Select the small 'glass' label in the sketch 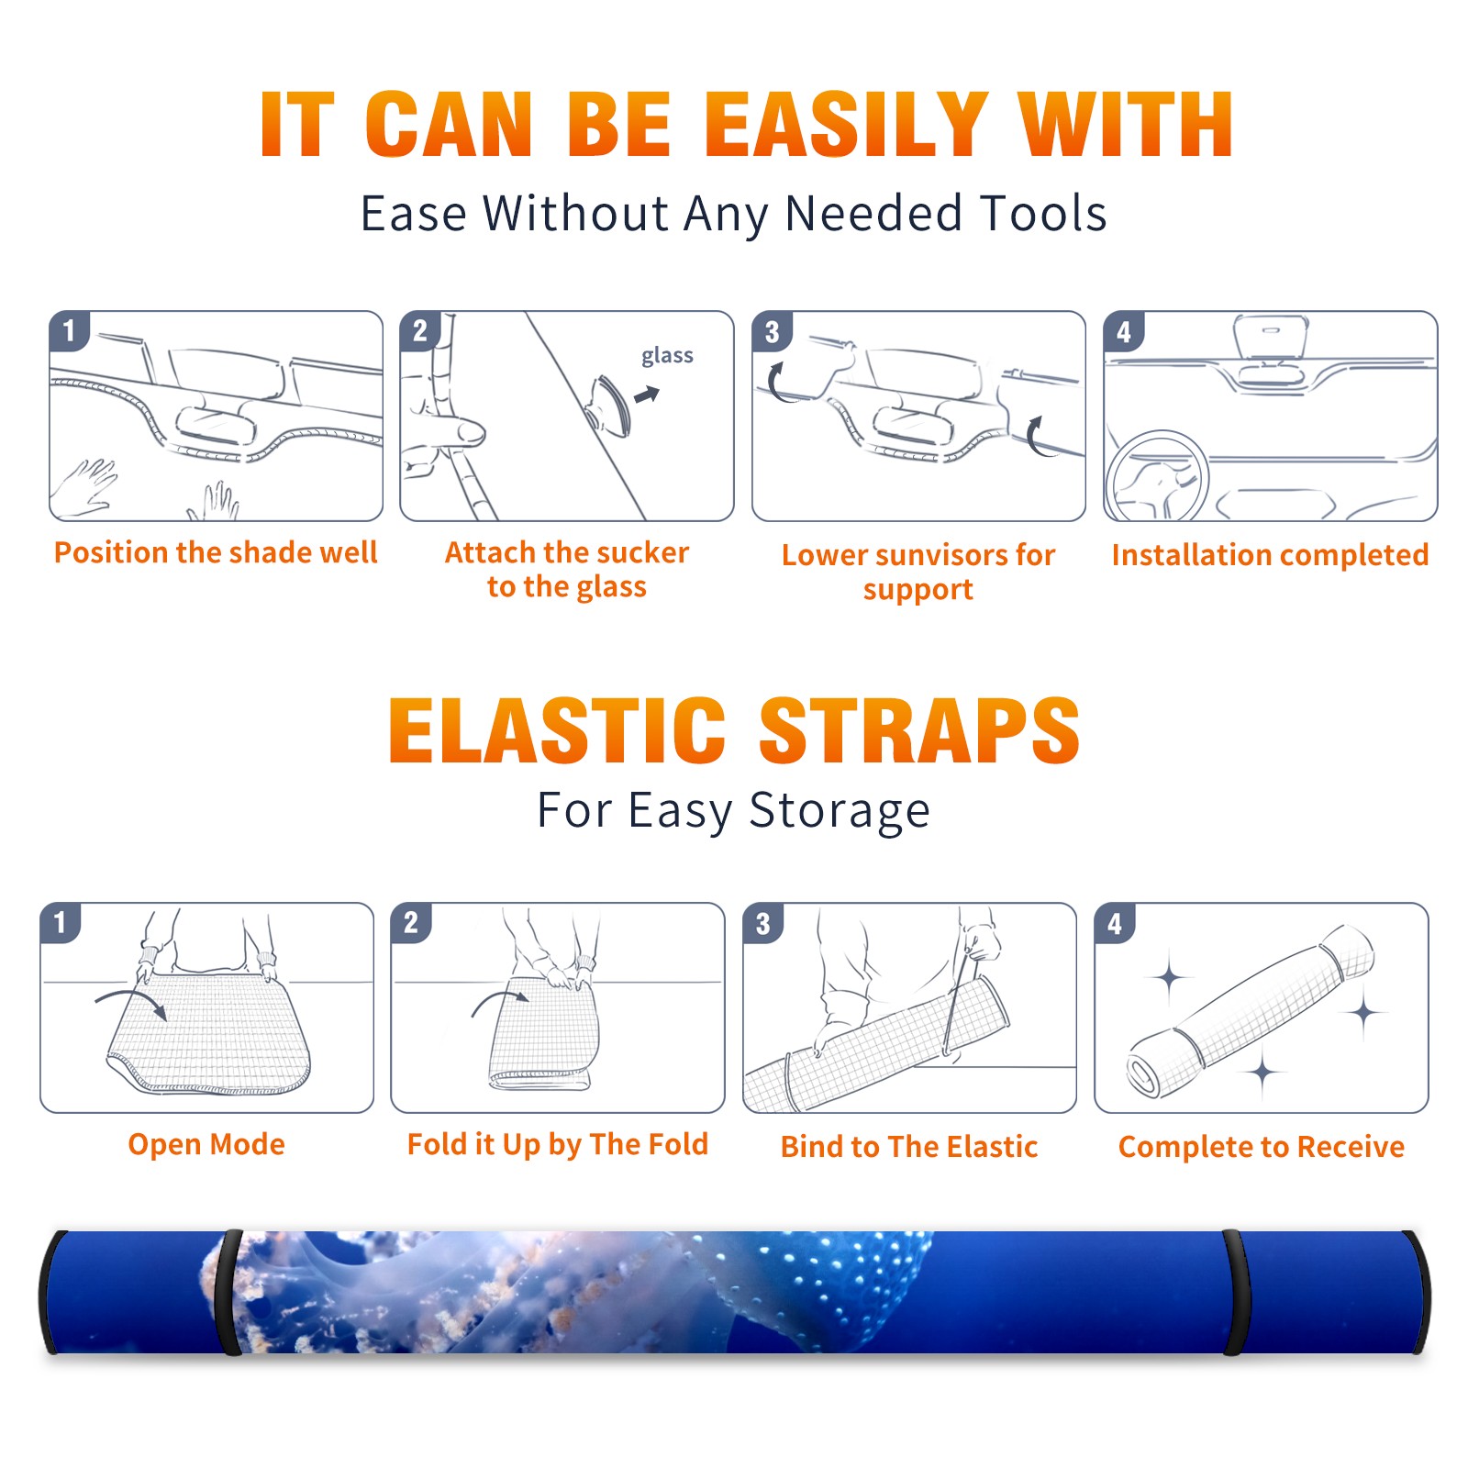[667, 356]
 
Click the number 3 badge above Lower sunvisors [773, 331]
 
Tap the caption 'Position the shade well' [216, 552]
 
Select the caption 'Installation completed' [1270, 555]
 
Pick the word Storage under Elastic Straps [840, 811]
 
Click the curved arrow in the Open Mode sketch [131, 1002]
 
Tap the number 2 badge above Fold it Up [411, 922]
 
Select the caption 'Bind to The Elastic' [909, 1147]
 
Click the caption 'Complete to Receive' [1262, 1147]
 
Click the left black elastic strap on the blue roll [227, 1292]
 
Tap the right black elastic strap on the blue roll [1234, 1292]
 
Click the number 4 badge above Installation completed [1124, 331]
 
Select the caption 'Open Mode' [206, 1144]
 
